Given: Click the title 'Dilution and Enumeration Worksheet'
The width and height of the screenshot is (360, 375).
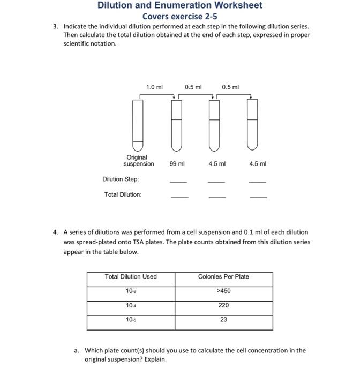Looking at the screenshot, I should tap(180, 5).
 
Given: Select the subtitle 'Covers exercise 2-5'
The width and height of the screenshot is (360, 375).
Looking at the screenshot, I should tap(180, 16).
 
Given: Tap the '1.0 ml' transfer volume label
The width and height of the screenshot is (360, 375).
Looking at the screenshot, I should tap(154, 87).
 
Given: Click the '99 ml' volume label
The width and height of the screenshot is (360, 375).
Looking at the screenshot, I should tap(177, 164).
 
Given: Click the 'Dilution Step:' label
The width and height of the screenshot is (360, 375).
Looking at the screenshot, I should tap(121, 179).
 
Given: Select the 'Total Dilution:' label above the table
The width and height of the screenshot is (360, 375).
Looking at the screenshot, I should tap(123, 194).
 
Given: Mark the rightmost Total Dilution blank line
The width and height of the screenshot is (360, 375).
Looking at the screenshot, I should tap(258, 198).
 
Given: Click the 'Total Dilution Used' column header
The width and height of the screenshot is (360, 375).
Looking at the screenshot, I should tap(131, 277).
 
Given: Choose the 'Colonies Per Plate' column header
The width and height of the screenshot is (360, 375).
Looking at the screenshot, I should tap(223, 277).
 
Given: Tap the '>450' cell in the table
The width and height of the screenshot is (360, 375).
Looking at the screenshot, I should tap(223, 291).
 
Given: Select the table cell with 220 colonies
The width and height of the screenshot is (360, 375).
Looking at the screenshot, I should tap(223, 305).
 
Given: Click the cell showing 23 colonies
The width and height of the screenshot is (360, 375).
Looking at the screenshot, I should tap(223, 320).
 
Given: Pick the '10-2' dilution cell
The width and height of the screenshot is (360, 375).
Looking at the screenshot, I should tap(131, 291).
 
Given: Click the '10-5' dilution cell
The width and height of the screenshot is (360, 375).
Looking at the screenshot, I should tap(131, 320).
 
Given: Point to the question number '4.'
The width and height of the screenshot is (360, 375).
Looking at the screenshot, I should tap(56, 232).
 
